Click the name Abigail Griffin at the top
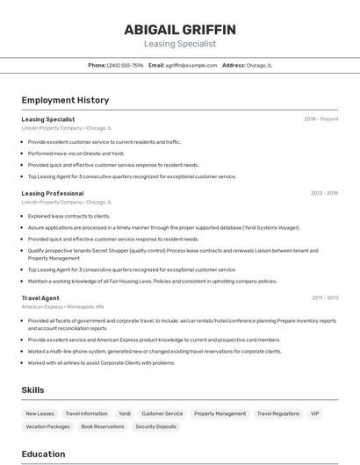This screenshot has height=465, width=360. point(179,28)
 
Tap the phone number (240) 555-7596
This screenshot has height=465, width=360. point(125,65)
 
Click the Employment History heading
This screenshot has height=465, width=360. point(65,100)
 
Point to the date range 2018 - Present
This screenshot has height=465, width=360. point(320,119)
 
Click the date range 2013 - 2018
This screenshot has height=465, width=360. point(324,193)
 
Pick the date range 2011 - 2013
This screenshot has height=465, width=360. point(324,298)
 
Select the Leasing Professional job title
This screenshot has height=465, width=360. point(53,193)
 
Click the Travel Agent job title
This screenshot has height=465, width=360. point(40,298)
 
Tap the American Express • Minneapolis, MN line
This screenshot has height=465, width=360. point(62,307)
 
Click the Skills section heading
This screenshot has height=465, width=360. point(33,390)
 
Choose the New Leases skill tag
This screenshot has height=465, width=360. point(40,413)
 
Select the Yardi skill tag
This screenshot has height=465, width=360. point(125,413)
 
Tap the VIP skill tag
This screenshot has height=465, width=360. point(314,413)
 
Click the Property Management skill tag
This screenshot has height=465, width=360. point(220,413)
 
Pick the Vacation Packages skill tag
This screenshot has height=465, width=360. point(47,426)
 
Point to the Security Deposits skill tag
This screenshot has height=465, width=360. point(155,426)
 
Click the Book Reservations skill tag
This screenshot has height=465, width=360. point(103,426)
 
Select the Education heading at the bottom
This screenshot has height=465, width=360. point(44,454)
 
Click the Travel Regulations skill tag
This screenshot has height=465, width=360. point(278,413)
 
